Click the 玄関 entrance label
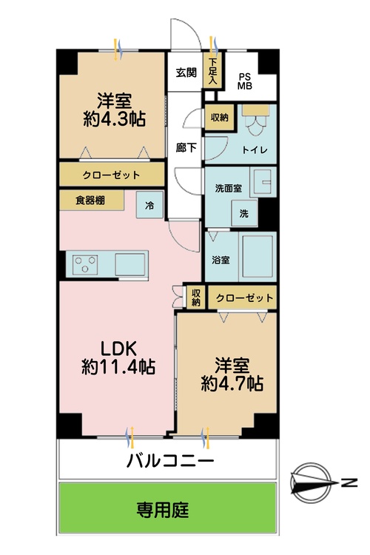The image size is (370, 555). (x=186, y=73)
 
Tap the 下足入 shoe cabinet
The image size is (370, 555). (x=213, y=71)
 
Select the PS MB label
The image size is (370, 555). (x=244, y=80)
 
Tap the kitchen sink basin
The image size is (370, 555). (x=131, y=263)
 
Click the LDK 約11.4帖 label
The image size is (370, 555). (x=117, y=356)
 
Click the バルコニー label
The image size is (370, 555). (x=170, y=461)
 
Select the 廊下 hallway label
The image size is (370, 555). (x=186, y=148)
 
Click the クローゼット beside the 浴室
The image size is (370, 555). (x=244, y=298)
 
